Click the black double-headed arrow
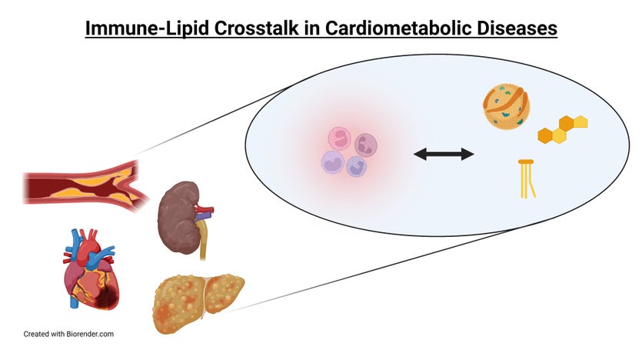coord(444,155)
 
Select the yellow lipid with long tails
coord(527,178)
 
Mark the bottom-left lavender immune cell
coord(334,162)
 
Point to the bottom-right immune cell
coord(356,166)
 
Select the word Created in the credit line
coord(37,335)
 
